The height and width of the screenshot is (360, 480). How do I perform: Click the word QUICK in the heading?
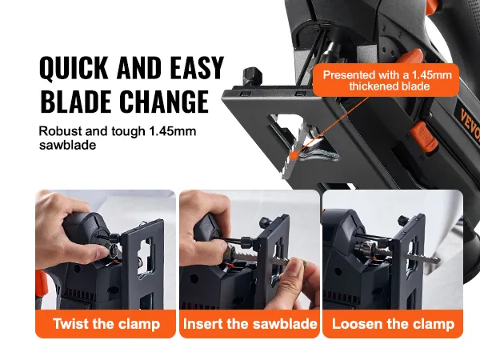[x=74, y=68]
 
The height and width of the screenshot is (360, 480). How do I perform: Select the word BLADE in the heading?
[x=75, y=102]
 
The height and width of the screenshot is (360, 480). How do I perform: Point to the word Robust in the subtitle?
[x=60, y=131]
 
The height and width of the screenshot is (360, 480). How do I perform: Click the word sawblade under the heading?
[x=67, y=145]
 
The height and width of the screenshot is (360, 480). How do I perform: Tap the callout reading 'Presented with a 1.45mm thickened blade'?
[x=386, y=80]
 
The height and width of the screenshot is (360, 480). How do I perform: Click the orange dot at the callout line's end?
[x=294, y=155]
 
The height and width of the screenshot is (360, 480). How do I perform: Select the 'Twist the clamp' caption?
[x=106, y=323]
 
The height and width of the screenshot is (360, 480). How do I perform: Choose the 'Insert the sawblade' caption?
[x=250, y=323]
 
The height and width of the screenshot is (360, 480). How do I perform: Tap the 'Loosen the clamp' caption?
[x=393, y=323]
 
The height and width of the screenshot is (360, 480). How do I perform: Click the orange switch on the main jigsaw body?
[x=423, y=136]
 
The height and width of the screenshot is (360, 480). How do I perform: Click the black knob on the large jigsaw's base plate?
[x=253, y=77]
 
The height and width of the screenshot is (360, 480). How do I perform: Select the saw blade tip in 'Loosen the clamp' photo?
[x=436, y=261]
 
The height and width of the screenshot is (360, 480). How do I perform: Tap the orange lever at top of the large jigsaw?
[x=412, y=58]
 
